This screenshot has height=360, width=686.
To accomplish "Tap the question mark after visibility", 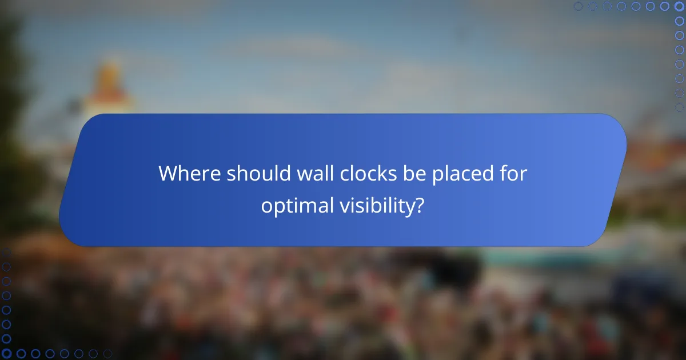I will tap(420, 206).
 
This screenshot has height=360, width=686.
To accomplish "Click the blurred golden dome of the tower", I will tap(109, 77).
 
